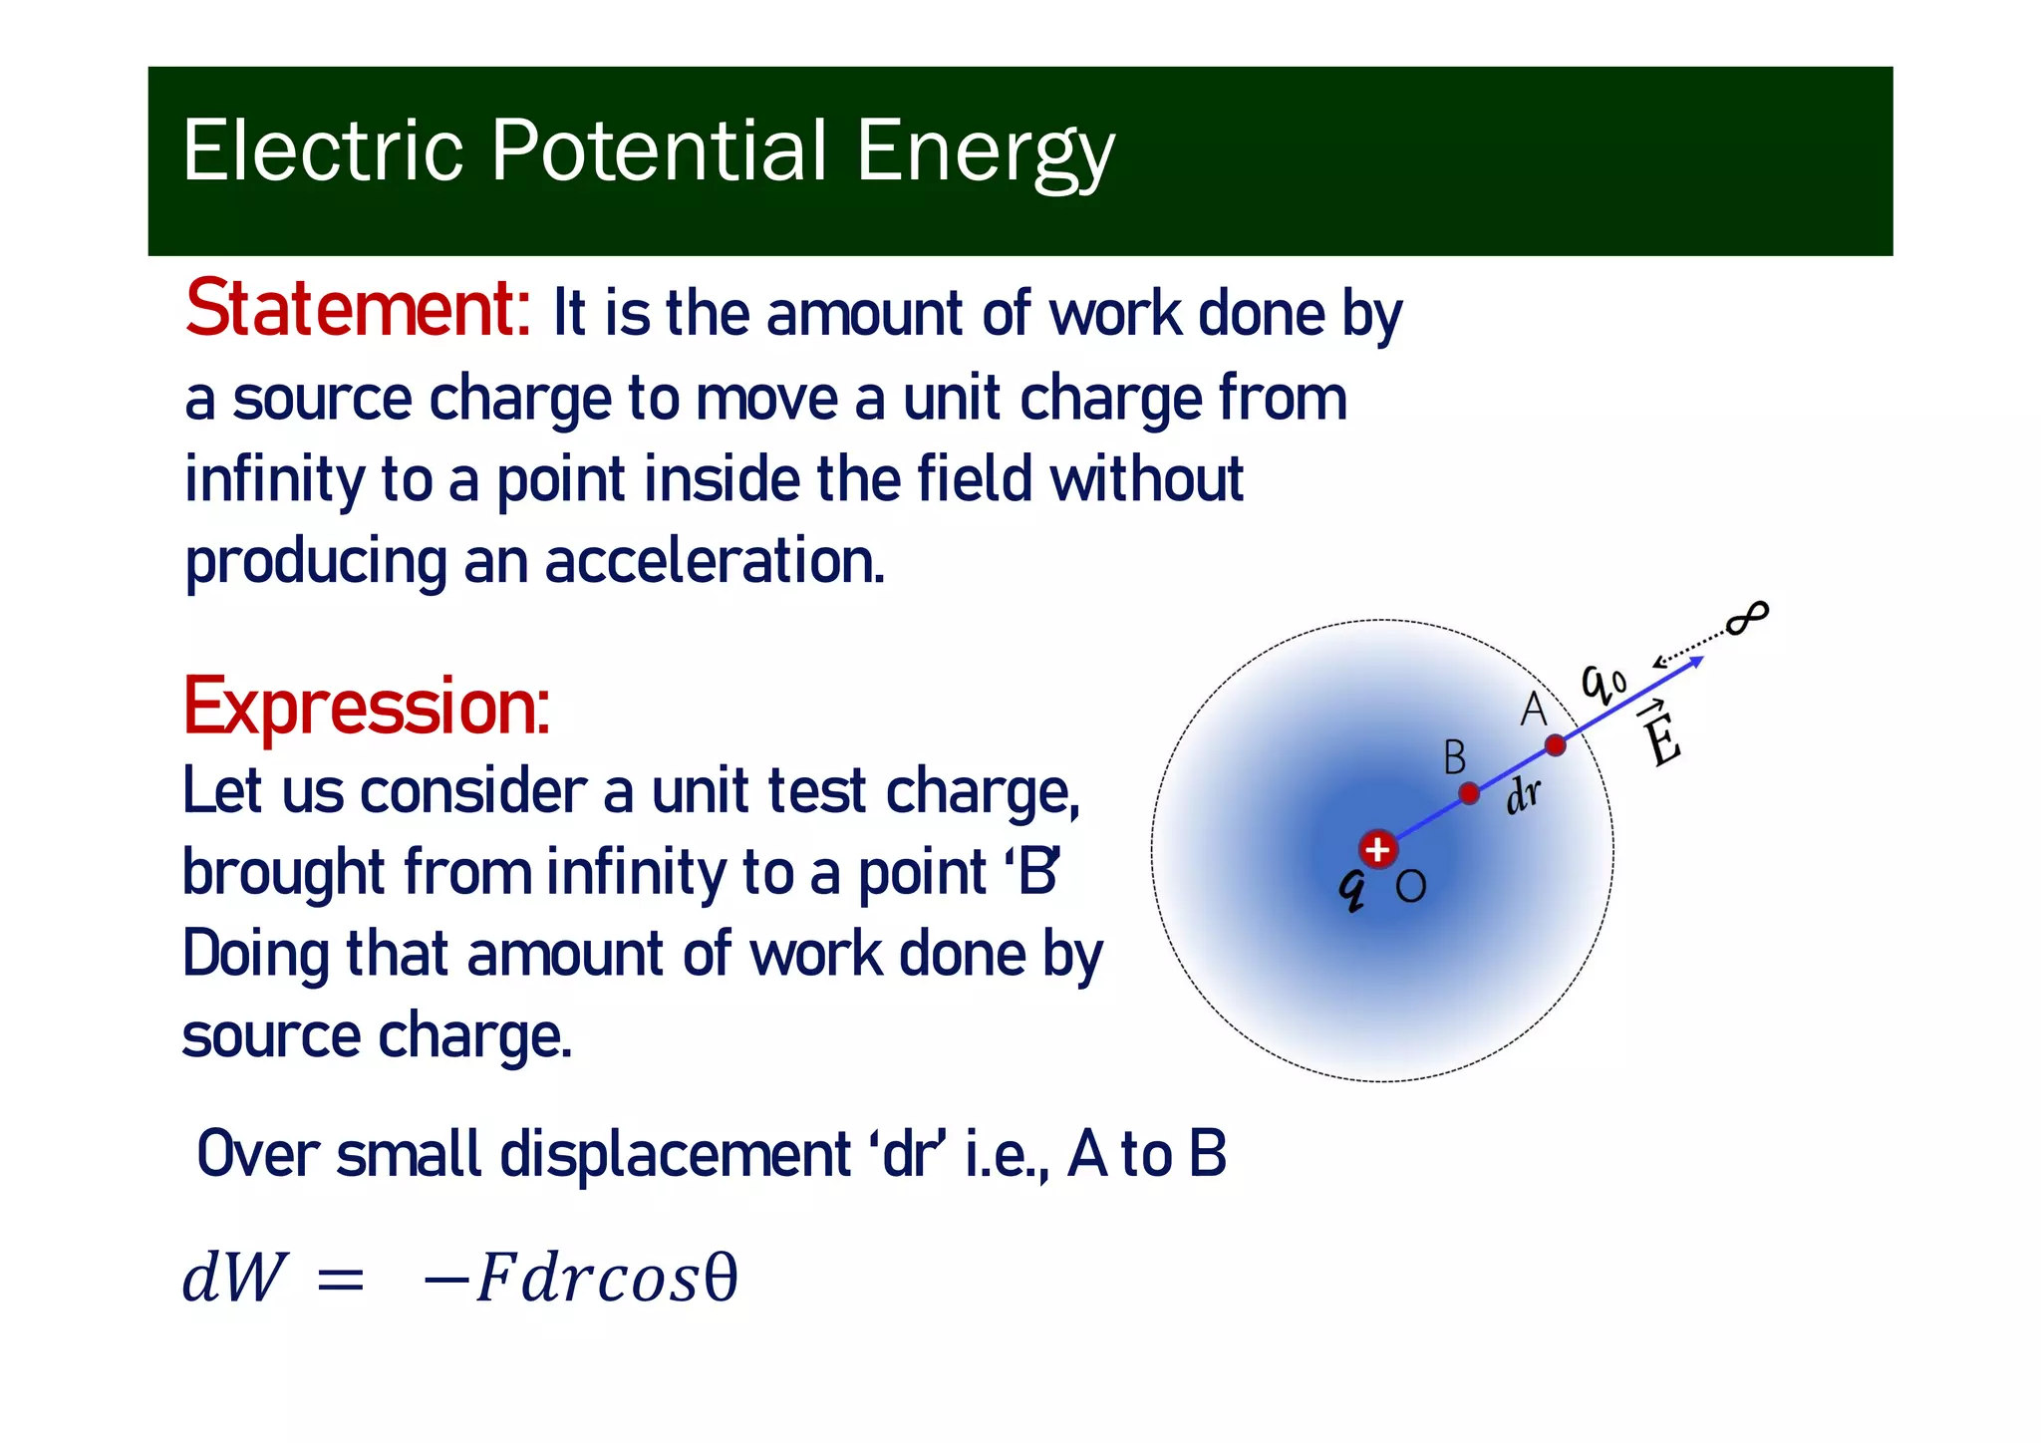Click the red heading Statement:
click(358, 310)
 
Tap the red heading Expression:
click(366, 707)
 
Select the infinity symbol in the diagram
click(1747, 619)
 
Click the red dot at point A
click(1555, 744)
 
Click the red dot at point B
click(1469, 793)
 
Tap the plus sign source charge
click(1378, 850)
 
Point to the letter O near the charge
click(1410, 886)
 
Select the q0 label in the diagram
click(1604, 683)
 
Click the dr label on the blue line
click(1522, 795)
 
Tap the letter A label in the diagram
click(1533, 710)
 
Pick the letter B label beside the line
click(1454, 758)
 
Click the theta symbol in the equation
click(721, 1278)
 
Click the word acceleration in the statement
click(714, 561)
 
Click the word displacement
click(675, 1155)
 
